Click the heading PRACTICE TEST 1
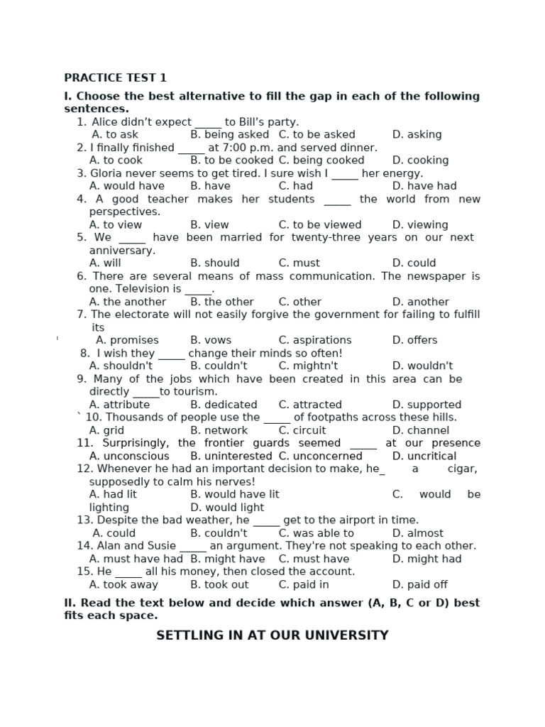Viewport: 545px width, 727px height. tap(116, 78)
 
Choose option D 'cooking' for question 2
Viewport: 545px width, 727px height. tap(420, 160)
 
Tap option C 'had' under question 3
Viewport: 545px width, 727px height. tap(295, 186)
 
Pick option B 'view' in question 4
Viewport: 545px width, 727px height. tap(209, 224)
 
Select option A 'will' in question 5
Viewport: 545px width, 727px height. tap(105, 263)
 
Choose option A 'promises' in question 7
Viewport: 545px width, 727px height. tap(127, 340)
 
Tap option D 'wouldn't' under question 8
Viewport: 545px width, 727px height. tap(422, 366)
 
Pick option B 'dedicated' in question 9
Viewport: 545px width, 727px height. tap(224, 405)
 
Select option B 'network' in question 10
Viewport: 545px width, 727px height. tap(219, 430)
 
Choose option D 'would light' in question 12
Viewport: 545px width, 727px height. tap(227, 508)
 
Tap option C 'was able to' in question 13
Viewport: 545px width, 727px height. tap(316, 533)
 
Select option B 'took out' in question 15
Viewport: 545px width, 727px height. tap(219, 585)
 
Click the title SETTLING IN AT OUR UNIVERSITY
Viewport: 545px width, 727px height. tap(272, 635)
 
